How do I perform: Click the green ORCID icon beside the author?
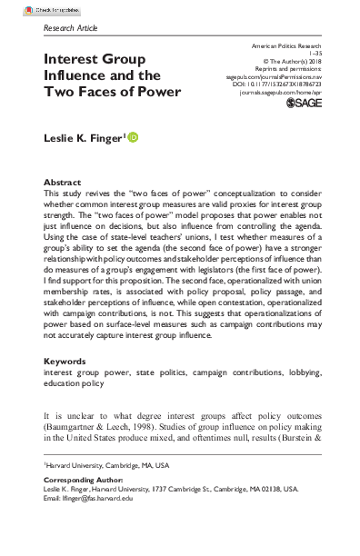[x=134, y=137]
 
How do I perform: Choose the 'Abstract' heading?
[x=64, y=182]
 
